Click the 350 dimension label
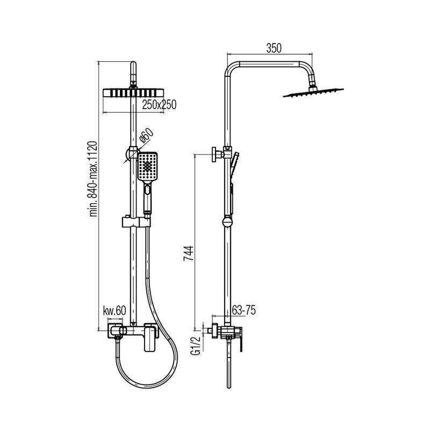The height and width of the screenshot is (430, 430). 274,48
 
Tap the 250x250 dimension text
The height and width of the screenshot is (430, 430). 159,104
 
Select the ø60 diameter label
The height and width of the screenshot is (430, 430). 146,135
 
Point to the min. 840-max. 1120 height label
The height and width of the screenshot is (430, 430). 93,179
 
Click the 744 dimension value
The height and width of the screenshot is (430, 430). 189,253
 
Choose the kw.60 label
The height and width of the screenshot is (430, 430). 114,311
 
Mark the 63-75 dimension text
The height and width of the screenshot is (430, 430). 244,310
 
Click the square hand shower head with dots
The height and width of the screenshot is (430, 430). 147,167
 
